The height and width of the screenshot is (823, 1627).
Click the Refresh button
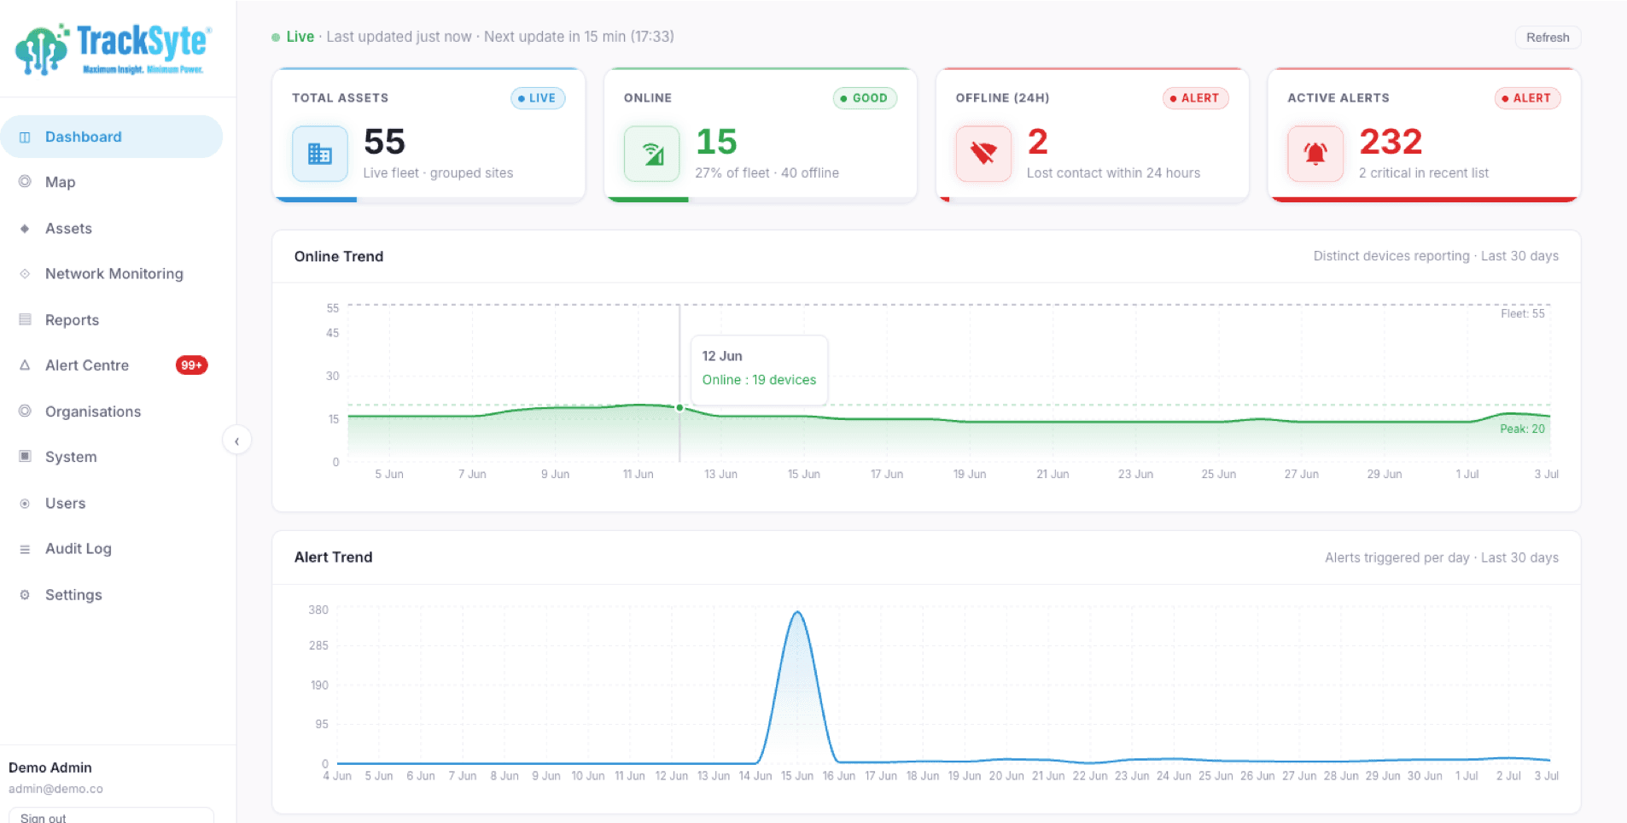pos(1548,38)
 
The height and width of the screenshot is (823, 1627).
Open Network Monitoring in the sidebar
pos(114,274)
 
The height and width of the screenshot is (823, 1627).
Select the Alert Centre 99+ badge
pos(191,365)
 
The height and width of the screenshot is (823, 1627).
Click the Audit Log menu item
pos(79,549)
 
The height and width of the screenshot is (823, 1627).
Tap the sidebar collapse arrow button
pos(236,441)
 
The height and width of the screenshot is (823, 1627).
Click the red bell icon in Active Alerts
pos(1315,154)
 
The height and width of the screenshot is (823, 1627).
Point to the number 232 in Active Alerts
pos(1391,142)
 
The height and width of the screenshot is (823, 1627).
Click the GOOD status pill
pos(865,98)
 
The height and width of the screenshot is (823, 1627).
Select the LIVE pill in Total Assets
pos(538,98)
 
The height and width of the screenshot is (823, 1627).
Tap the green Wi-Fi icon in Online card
pos(652,154)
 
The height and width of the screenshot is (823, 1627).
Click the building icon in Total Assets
pos(320,154)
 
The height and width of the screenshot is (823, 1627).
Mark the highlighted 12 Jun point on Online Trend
pos(679,408)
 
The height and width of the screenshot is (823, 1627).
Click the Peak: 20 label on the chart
pos(1522,429)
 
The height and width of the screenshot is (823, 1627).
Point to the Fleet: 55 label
pos(1522,313)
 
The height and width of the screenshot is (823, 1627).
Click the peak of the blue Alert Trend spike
pos(797,612)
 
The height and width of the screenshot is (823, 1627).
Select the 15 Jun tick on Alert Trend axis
pos(797,776)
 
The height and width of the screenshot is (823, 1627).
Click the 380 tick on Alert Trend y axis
pos(318,610)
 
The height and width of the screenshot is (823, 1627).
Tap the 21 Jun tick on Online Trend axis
pos(1053,474)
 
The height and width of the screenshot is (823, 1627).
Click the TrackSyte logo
pos(114,50)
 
